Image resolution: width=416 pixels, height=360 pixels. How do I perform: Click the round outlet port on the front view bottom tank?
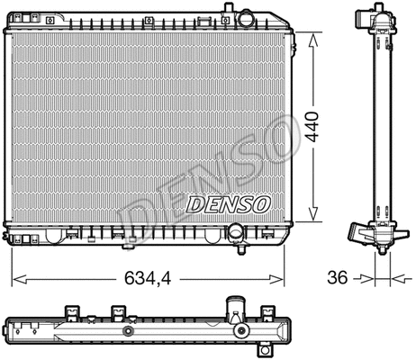[237, 233]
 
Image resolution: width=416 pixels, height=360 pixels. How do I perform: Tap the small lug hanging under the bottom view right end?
[267, 350]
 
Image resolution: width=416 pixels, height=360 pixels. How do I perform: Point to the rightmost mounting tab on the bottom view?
[267, 313]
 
